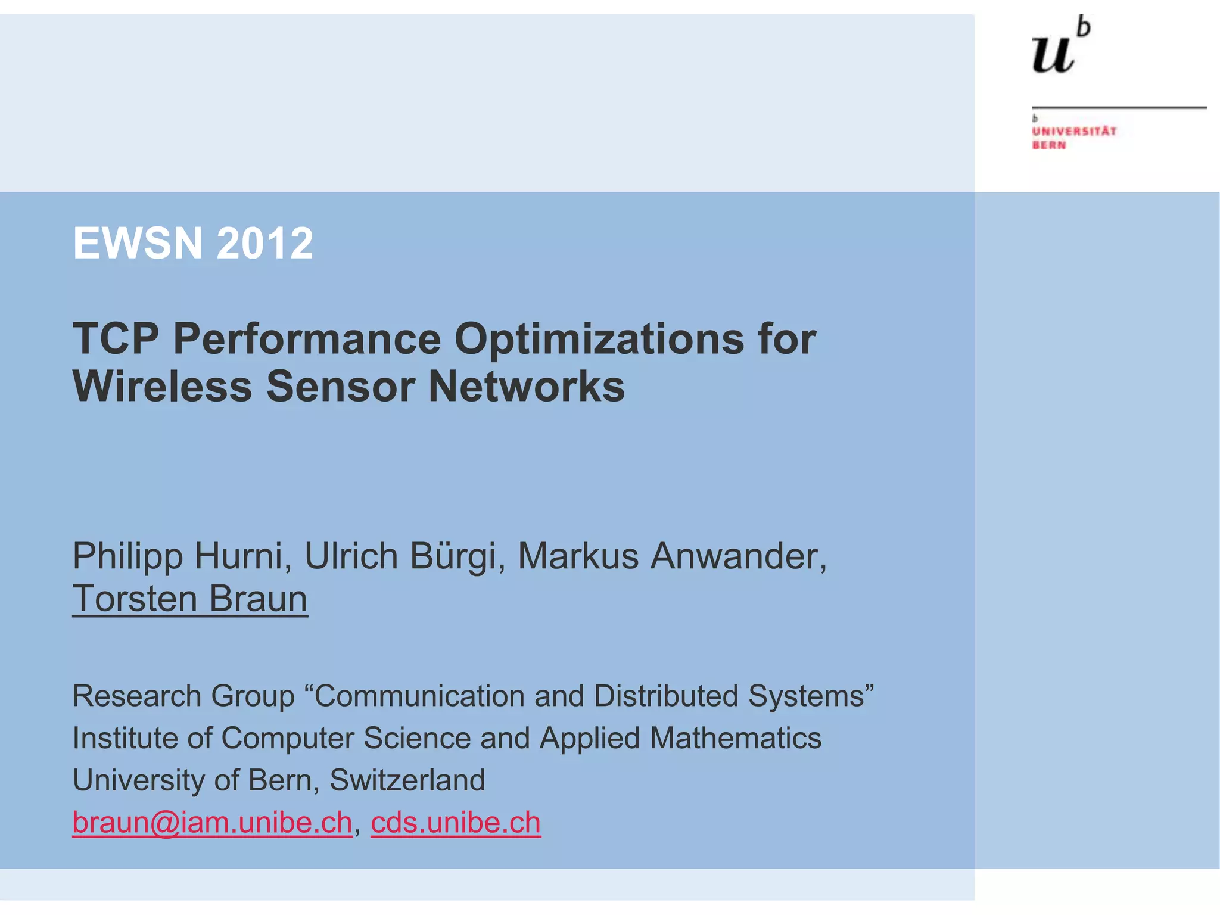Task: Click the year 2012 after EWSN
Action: [265, 243]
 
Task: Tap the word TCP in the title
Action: [116, 339]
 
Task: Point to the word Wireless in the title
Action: [162, 387]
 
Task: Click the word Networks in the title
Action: [527, 387]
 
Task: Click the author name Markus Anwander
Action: [672, 556]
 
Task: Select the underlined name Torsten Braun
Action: [190, 599]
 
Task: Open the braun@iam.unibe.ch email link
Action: [212, 823]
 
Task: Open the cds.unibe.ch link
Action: [456, 823]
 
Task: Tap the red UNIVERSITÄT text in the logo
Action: [1074, 131]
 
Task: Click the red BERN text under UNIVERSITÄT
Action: [1049, 145]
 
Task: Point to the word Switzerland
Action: [407, 780]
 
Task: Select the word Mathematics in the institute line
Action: [736, 738]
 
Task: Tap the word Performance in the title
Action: [307, 339]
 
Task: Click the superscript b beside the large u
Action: [1084, 27]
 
